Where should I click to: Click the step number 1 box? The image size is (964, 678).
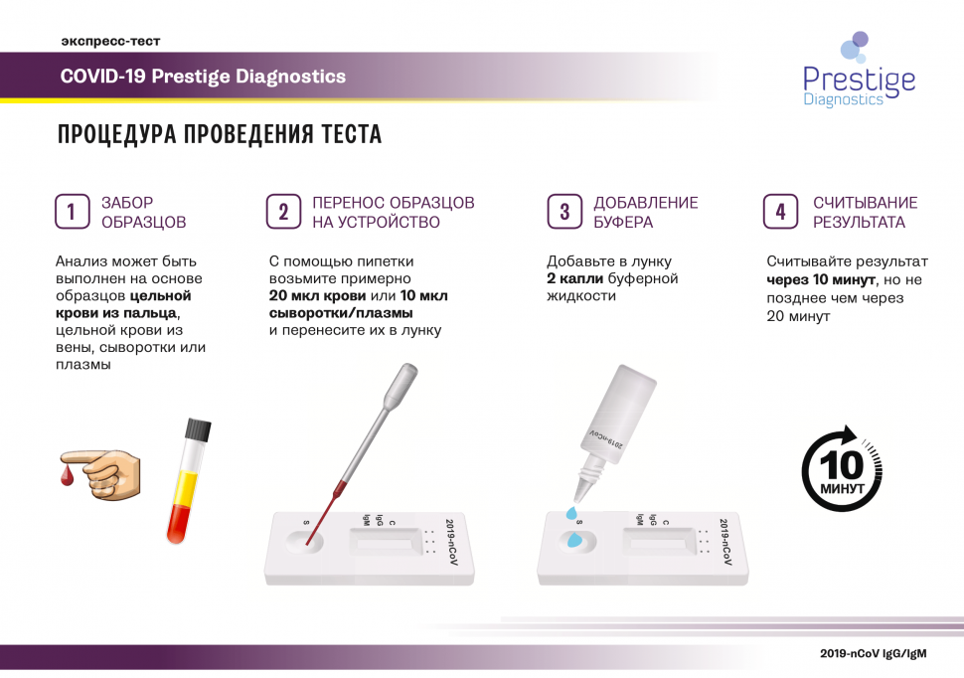pyautogui.click(x=72, y=212)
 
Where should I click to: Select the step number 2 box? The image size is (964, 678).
pyautogui.click(x=283, y=212)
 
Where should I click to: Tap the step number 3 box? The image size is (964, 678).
pyautogui.click(x=564, y=212)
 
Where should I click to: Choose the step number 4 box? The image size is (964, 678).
pyautogui.click(x=781, y=212)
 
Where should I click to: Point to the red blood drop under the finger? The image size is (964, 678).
pyautogui.click(x=67, y=475)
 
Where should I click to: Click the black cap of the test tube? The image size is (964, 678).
pyautogui.click(x=198, y=428)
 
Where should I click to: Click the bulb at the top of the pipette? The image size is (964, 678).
pyautogui.click(x=401, y=386)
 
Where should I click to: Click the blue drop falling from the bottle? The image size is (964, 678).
pyautogui.click(x=571, y=513)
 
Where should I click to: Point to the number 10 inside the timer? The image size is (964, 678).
pyautogui.click(x=842, y=465)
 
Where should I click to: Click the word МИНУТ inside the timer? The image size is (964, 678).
pyautogui.click(x=843, y=489)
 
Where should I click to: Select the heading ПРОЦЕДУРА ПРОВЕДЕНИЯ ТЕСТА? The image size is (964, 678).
pyautogui.click(x=220, y=134)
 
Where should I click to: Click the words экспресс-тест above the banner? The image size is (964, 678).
pyautogui.click(x=110, y=41)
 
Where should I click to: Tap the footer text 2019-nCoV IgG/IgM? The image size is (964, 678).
pyautogui.click(x=873, y=653)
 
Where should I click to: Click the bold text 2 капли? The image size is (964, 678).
pyautogui.click(x=574, y=278)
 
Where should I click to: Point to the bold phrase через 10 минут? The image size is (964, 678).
pyautogui.click(x=821, y=280)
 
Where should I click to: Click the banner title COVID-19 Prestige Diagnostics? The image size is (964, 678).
pyautogui.click(x=203, y=77)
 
